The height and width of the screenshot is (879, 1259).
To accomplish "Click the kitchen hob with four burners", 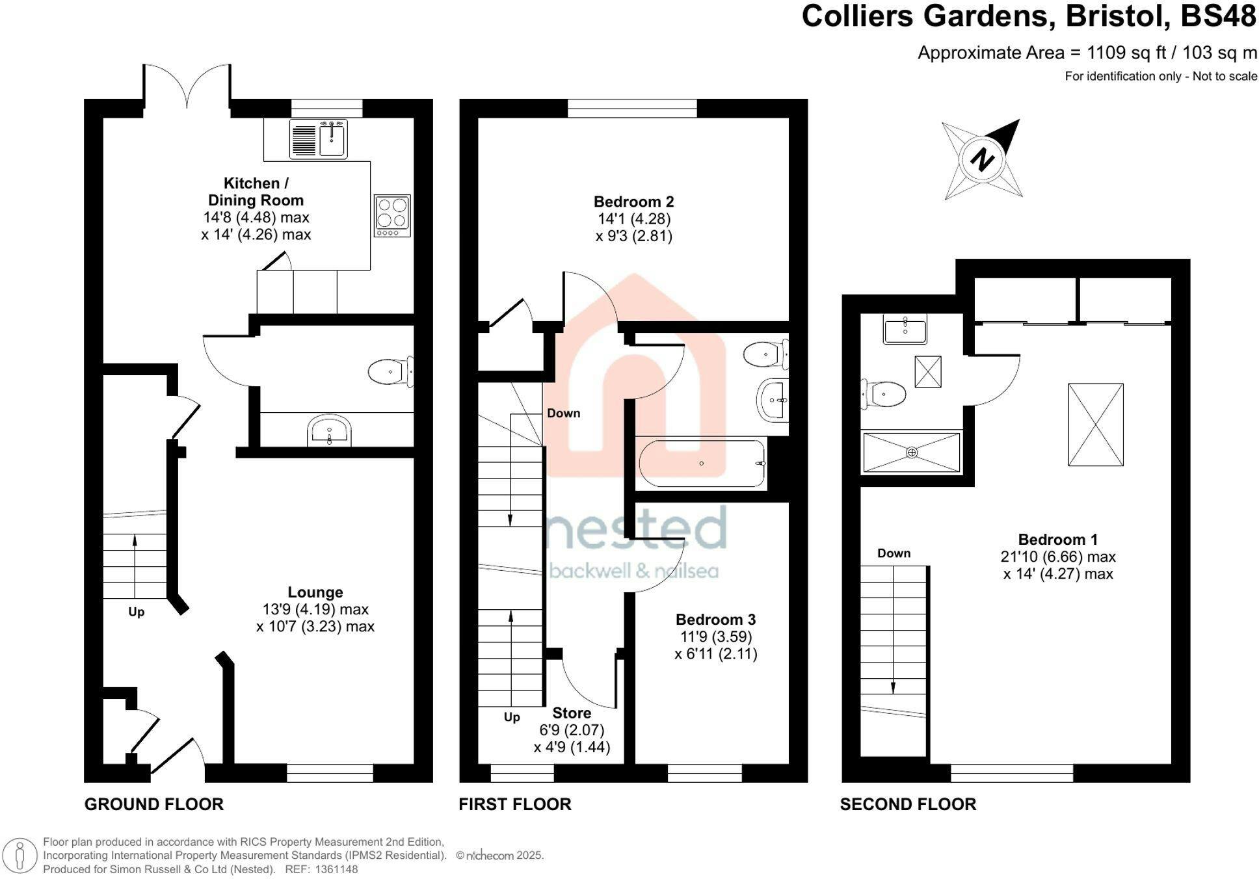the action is click(392, 215).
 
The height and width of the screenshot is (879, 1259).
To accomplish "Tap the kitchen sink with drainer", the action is click(319, 138).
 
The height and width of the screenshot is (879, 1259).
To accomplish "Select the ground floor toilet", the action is click(390, 373).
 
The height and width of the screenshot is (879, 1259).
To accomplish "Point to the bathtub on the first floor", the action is click(702, 463).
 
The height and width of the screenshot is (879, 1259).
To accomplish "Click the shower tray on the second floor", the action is click(911, 453).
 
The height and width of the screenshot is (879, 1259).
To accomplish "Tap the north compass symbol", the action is click(982, 159).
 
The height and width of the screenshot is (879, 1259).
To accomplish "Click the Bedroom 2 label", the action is click(634, 202).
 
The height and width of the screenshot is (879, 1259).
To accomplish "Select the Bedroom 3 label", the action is click(716, 620).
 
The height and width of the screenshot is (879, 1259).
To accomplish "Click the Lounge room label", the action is click(315, 592).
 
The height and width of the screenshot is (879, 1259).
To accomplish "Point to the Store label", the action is click(572, 713).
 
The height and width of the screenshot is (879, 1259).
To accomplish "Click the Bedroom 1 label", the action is click(1058, 540).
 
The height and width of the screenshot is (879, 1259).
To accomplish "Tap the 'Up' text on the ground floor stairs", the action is click(136, 612).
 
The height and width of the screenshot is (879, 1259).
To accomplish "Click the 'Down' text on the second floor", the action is click(894, 553).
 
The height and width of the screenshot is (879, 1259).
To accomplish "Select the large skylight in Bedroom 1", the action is click(1096, 425).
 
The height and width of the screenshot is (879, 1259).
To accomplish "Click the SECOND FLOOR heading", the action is click(908, 804).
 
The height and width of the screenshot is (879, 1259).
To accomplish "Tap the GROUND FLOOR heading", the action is click(154, 804).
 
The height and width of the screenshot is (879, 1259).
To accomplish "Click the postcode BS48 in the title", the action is click(1219, 16).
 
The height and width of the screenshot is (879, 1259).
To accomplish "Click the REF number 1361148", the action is click(336, 869).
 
